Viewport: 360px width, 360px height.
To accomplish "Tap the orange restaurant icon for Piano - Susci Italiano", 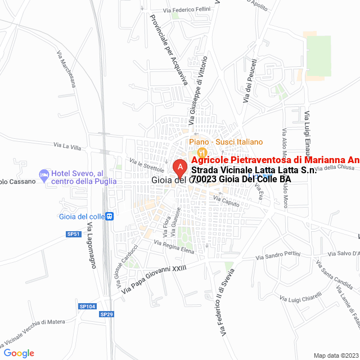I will (202, 152).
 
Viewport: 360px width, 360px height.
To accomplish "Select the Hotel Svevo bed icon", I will (44, 176).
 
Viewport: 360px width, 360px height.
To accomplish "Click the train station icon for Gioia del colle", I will (110, 216).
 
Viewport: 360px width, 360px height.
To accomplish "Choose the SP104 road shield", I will (87, 307).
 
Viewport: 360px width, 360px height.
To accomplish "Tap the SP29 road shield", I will (107, 314).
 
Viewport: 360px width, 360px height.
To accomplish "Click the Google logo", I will (19, 353).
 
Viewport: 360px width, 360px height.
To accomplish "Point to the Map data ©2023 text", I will (335, 355).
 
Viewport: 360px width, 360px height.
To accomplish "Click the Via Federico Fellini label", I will (186, 10).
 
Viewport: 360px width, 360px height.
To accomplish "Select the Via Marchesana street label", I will (66, 70).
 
